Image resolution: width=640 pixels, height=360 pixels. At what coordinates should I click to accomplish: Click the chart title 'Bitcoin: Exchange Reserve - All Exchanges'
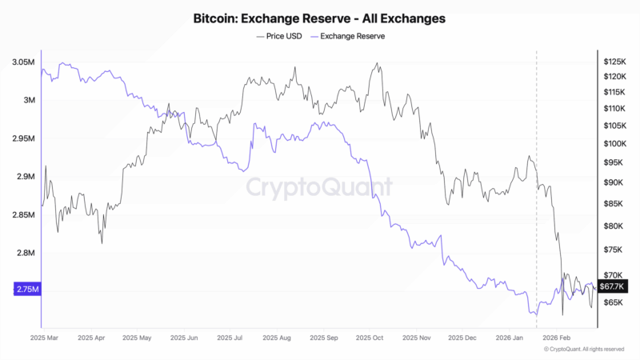319,17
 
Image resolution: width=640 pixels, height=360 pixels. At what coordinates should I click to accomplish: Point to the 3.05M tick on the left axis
23,62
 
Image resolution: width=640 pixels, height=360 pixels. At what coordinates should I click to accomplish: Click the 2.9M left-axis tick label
25,177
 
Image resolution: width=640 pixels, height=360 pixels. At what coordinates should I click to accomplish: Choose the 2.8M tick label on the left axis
25,254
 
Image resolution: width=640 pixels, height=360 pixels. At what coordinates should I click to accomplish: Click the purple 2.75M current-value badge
26,290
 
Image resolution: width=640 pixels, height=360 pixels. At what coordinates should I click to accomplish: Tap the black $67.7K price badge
611,286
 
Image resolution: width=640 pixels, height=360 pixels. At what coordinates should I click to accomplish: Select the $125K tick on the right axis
614,62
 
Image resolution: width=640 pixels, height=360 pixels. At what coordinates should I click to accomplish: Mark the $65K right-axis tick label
613,303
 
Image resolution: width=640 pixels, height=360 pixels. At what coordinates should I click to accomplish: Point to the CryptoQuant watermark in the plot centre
318,188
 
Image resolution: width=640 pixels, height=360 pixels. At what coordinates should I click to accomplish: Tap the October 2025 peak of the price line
376,63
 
